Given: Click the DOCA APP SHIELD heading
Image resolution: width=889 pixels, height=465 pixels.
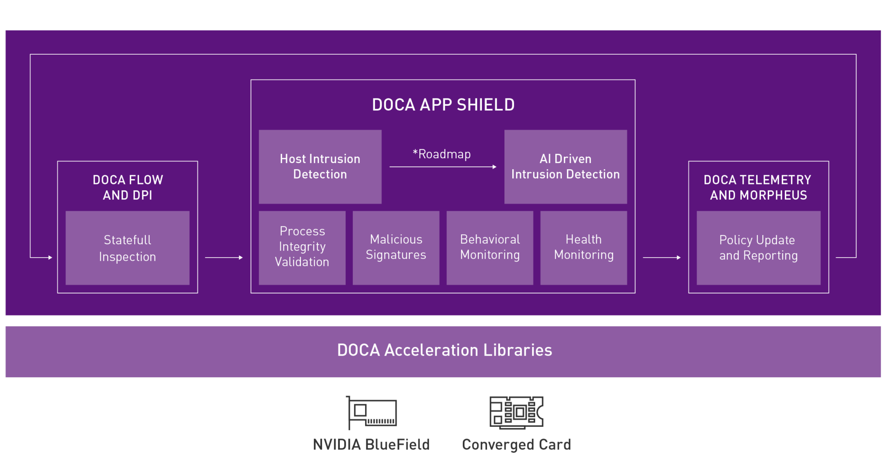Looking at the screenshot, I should coord(443,105).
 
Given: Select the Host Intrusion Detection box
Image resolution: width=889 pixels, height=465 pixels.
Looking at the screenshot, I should coord(320,167).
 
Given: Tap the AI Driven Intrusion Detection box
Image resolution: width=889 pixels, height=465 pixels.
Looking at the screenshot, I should coord(565,167).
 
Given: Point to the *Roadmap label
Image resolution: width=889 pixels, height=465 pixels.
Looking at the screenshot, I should coord(441,154).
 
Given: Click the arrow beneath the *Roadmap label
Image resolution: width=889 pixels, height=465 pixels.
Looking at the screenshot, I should coord(443,167).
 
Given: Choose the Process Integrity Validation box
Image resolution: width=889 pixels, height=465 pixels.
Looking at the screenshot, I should coord(302,247).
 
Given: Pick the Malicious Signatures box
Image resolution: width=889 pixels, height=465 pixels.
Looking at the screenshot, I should coord(396,247).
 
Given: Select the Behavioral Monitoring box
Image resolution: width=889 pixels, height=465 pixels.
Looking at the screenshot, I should coord(490,247).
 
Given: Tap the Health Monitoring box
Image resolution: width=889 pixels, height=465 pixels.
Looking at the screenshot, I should coord(583,247).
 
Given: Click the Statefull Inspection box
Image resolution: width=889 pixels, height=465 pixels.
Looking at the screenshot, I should coord(127,248).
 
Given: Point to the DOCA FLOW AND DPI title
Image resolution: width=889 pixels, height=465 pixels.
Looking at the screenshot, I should coord(128,187).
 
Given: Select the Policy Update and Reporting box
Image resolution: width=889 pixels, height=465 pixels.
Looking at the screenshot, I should coord(758,248).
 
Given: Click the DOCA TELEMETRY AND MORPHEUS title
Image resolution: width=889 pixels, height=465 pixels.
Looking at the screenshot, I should coord(758,187).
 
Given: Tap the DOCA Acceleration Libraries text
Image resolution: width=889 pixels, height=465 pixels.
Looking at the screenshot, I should coord(444,350).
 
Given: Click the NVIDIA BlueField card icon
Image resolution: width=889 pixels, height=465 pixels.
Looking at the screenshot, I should coord(372,412).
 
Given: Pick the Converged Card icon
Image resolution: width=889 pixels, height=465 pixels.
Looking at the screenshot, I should coord(517,412).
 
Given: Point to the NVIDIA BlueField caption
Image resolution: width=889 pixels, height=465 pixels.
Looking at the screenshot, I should coord(371,445).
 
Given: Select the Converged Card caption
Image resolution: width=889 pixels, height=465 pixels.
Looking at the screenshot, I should coord(517,445).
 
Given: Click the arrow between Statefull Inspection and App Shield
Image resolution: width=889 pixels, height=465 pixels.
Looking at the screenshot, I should coord(224,258).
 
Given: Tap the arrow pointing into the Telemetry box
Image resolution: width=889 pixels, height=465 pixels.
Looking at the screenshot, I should coord(662,258).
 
